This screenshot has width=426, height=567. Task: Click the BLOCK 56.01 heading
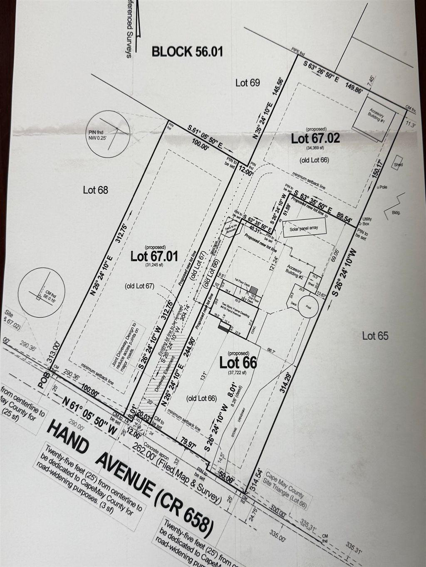(x=187, y=52)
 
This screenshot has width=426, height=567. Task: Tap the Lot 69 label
(x=248, y=83)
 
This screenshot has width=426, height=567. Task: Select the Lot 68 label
(x=96, y=190)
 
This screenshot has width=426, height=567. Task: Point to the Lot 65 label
(x=375, y=336)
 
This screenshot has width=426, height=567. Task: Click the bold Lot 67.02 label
(x=315, y=138)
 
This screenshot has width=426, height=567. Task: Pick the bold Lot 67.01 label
(x=154, y=256)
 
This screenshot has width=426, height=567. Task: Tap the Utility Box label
(x=367, y=221)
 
